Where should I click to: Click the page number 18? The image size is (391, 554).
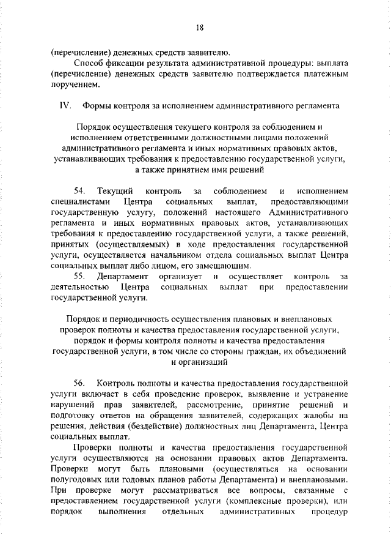199,27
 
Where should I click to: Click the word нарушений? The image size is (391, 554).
72,404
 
